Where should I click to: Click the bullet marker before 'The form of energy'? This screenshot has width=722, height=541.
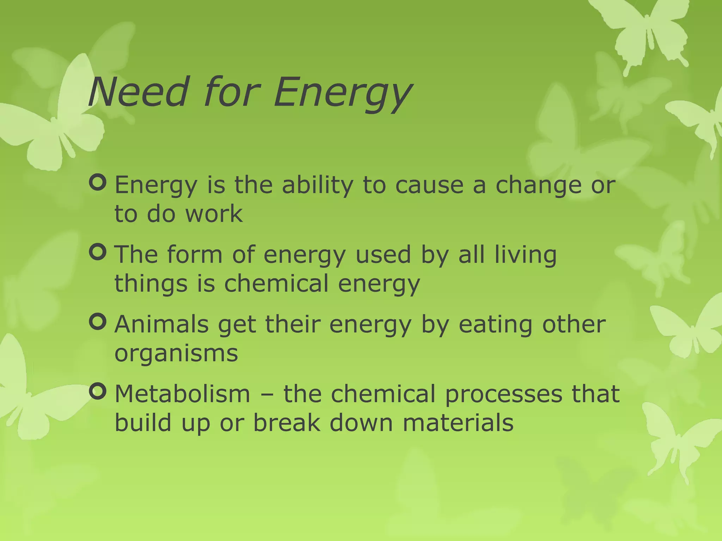(98, 252)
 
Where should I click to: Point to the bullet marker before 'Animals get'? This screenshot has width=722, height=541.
(98, 322)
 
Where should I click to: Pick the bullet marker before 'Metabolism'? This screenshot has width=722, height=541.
(98, 391)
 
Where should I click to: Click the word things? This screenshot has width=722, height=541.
(151, 284)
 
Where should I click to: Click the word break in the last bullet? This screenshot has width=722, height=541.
(287, 423)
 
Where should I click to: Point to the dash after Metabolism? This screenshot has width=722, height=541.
(267, 394)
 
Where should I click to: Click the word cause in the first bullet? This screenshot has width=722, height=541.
(429, 186)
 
